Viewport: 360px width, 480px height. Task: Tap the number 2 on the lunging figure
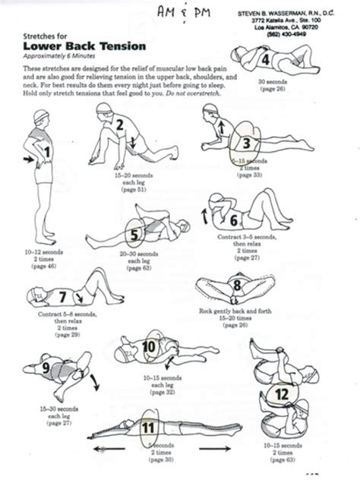(x=118, y=125)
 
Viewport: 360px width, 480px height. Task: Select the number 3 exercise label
(x=246, y=142)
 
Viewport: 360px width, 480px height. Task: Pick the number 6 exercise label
(x=233, y=220)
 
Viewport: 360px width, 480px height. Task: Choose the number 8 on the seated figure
(x=237, y=286)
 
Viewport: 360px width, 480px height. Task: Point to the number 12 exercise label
(x=281, y=394)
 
